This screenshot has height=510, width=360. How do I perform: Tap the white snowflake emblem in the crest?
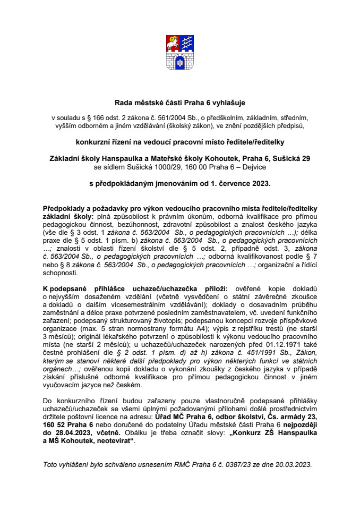click(179, 63)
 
